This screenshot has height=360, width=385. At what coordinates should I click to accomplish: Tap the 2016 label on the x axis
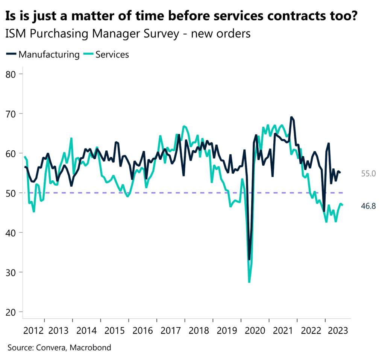click(x=143, y=331)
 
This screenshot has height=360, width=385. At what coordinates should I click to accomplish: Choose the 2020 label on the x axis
click(x=255, y=331)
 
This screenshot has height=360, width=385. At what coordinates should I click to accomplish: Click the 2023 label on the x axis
click(x=338, y=331)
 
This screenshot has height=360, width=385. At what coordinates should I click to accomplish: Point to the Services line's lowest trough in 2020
click(x=249, y=282)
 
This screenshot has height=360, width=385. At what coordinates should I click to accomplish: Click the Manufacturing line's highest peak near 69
click(x=291, y=117)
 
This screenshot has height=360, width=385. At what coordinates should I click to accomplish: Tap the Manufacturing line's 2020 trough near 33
click(x=249, y=259)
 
